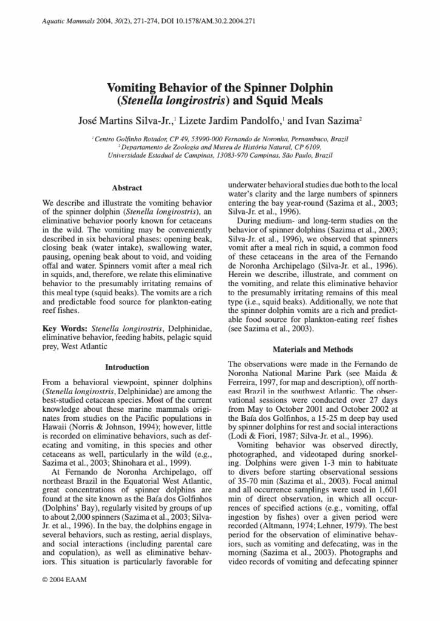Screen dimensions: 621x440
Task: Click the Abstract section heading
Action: pos(127,188)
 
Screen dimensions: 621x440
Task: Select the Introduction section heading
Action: pos(127,367)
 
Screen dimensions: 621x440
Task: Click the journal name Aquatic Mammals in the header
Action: pos(69,21)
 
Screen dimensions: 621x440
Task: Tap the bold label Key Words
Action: pos(66,329)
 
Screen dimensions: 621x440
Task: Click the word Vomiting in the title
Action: pos(137,88)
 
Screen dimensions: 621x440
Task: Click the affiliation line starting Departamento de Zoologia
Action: pos(220,147)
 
